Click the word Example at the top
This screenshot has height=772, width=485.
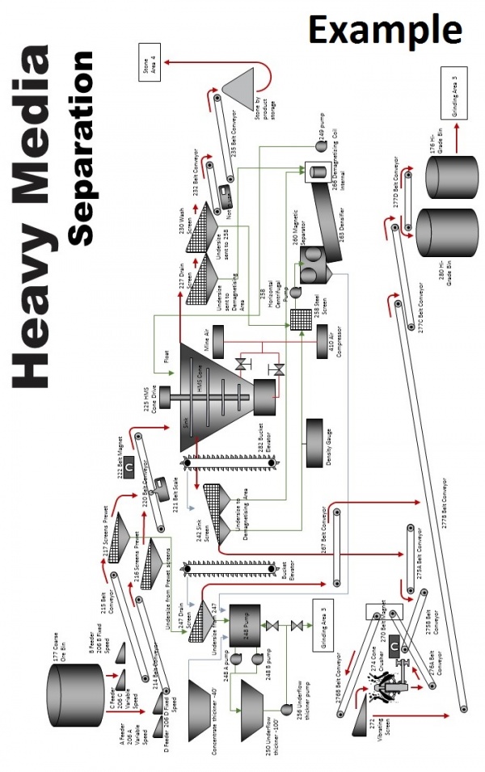coord(384,31)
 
